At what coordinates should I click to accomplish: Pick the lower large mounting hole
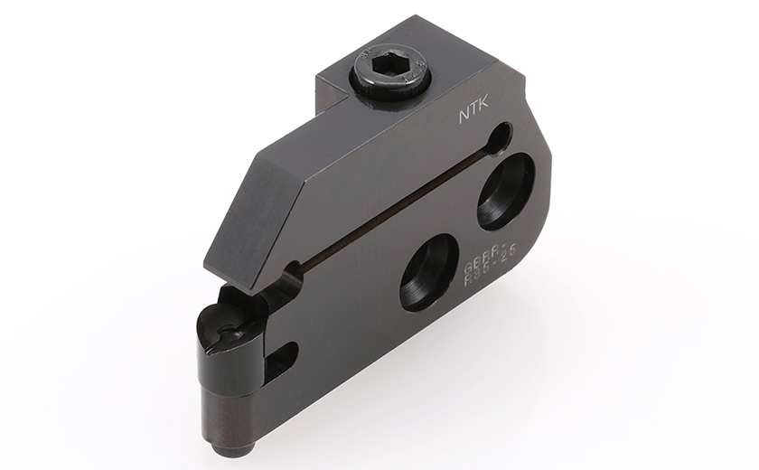click(428, 272)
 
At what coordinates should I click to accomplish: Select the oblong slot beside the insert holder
click(282, 357)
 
